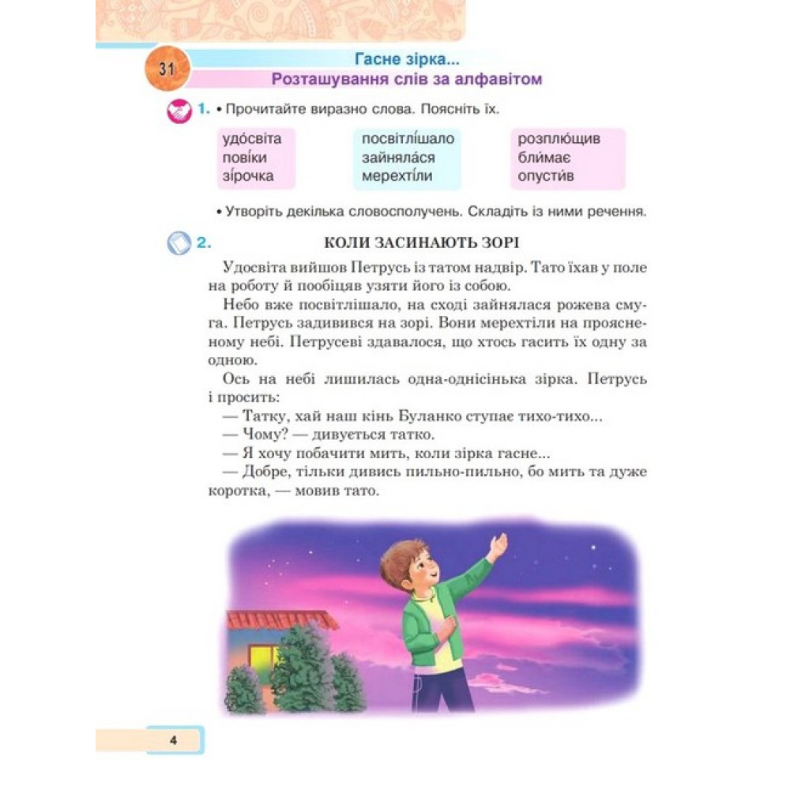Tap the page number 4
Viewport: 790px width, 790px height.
[172, 740]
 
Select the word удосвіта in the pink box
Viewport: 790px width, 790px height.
[252, 139]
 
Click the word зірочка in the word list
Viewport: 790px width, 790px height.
[248, 175]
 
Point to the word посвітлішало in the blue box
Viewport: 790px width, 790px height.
[408, 139]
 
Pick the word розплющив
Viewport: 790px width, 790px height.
[559, 139]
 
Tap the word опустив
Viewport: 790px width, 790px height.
[546, 175]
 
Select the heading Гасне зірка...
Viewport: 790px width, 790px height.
[407, 58]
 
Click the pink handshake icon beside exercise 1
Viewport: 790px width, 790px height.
[180, 111]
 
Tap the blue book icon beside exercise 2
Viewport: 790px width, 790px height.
[179, 243]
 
